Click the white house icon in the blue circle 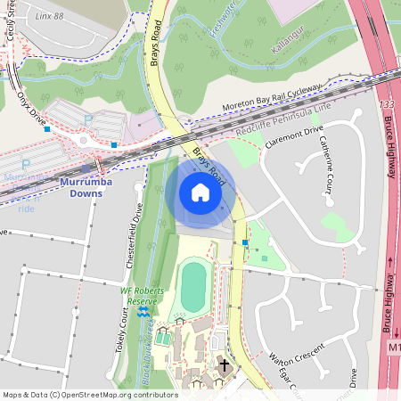point(200,192)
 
